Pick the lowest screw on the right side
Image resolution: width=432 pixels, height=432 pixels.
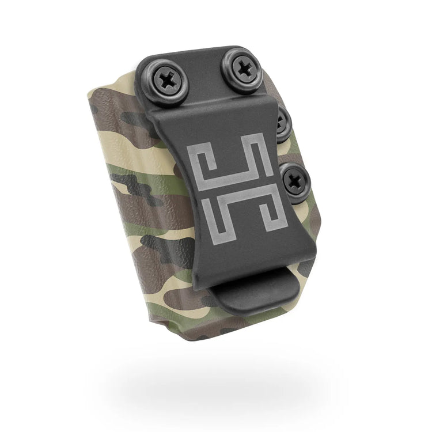click(294, 179)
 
